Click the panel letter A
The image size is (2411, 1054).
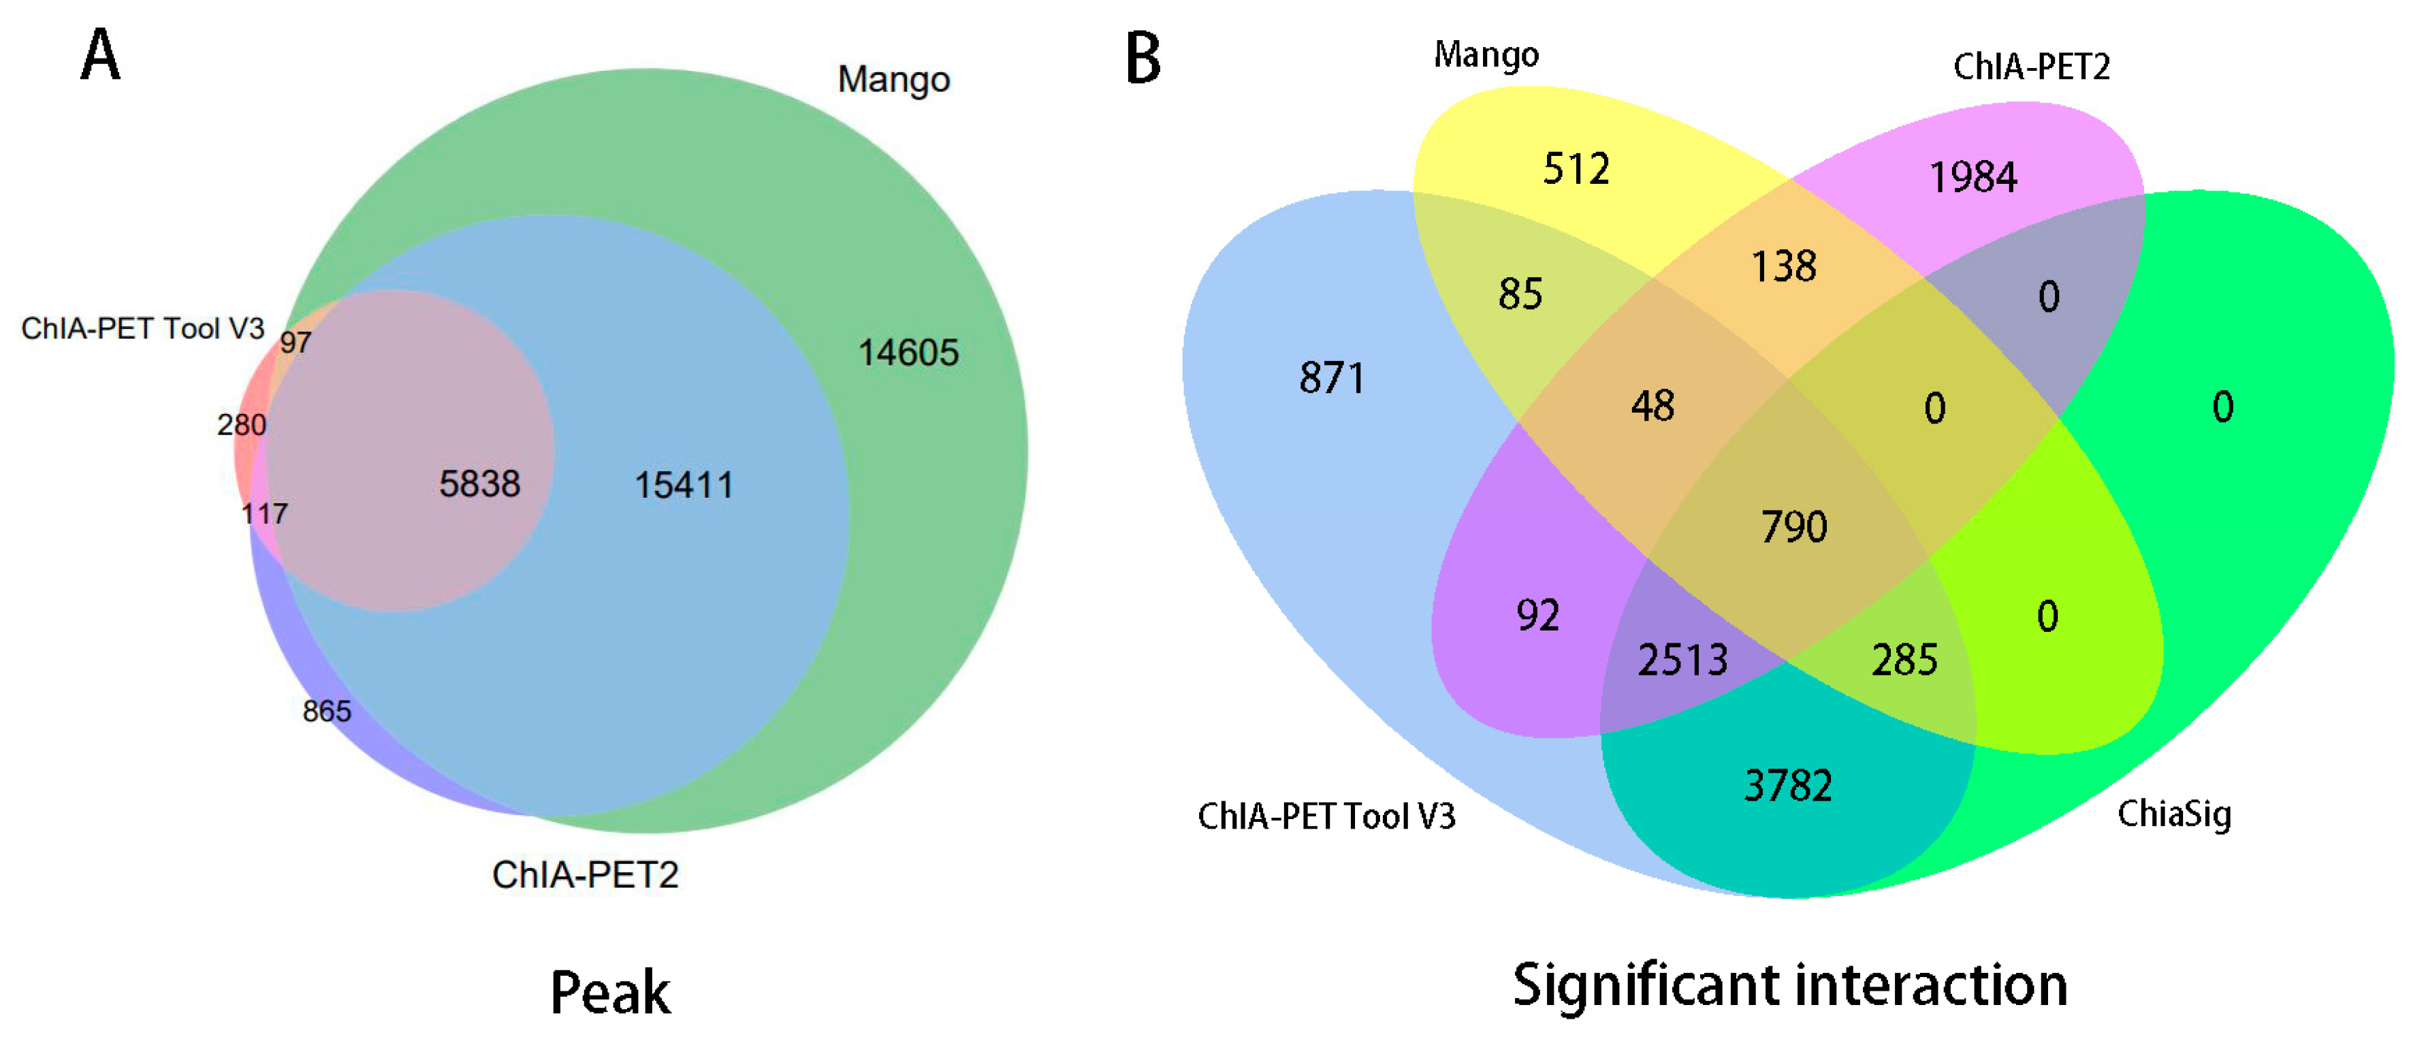[x=101, y=55]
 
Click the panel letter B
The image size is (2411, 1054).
[x=1143, y=58]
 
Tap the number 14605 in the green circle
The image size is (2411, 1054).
[x=908, y=353]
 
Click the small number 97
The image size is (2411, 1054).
[x=296, y=342]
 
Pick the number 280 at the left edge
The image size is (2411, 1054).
[x=242, y=425]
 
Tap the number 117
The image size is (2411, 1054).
[x=265, y=514]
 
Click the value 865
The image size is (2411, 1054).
[x=327, y=712]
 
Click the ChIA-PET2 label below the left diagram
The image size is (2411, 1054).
[x=585, y=874]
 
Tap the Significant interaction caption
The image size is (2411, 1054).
[x=1789, y=986]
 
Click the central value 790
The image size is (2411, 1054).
[x=1793, y=527]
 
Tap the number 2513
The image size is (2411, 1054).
[x=1682, y=660]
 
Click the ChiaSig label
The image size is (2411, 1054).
[x=2173, y=814]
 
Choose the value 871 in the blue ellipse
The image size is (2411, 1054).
[x=1332, y=378]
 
